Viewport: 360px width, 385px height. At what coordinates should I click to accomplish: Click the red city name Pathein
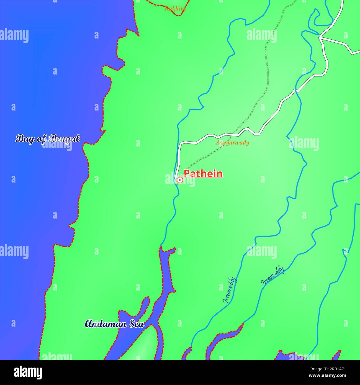pyautogui.click(x=203, y=174)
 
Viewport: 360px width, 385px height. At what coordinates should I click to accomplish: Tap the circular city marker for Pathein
pyautogui.click(x=180, y=180)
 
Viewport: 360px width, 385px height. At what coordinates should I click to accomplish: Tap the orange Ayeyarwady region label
pyautogui.click(x=232, y=143)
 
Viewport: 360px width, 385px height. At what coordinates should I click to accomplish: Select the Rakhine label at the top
pyautogui.click(x=175, y=9)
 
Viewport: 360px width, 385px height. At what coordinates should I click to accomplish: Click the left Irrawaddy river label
pyautogui.click(x=230, y=290)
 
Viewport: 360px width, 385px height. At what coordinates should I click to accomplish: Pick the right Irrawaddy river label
pyautogui.click(x=272, y=275)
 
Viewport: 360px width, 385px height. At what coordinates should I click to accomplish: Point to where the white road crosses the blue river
pyautogui.click(x=296, y=90)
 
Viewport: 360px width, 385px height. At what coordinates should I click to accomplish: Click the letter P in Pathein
pyautogui.click(x=187, y=174)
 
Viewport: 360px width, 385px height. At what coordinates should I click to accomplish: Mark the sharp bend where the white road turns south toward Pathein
pyautogui.click(x=180, y=143)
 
